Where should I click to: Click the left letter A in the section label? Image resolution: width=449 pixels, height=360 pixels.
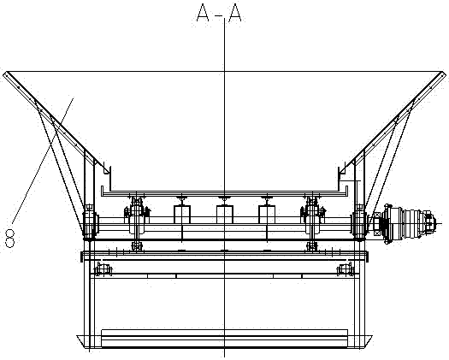point(203,13)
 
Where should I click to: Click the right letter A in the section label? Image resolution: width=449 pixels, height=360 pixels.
point(235,13)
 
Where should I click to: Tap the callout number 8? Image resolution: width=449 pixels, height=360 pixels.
point(10,238)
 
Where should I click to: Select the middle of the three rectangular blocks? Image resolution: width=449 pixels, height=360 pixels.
point(224,215)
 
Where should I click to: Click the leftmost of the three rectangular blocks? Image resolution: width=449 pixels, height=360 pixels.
point(182,215)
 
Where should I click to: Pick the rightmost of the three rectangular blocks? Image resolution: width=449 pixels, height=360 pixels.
point(267,215)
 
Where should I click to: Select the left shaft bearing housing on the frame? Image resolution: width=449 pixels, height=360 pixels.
point(90,222)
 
